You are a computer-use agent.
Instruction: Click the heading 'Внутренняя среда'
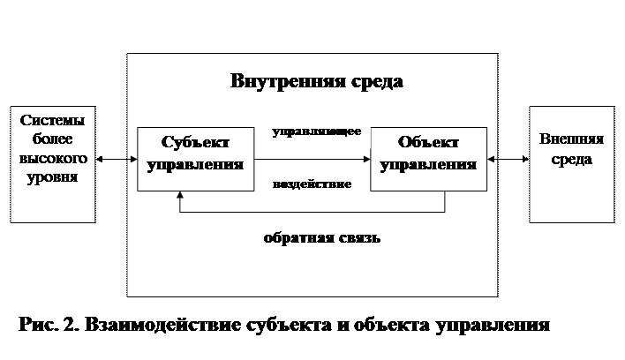pyautogui.click(x=317, y=82)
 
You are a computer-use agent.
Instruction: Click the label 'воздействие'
pyautogui.click(x=312, y=185)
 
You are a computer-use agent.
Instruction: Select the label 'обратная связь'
pyautogui.click(x=321, y=237)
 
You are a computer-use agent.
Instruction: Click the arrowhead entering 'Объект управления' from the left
pyautogui.click(x=365, y=160)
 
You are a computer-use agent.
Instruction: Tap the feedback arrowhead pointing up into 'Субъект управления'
pyautogui.click(x=180, y=196)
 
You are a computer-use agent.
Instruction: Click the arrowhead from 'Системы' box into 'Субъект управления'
pyautogui.click(x=133, y=160)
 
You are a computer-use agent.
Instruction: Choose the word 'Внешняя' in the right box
pyautogui.click(x=570, y=140)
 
